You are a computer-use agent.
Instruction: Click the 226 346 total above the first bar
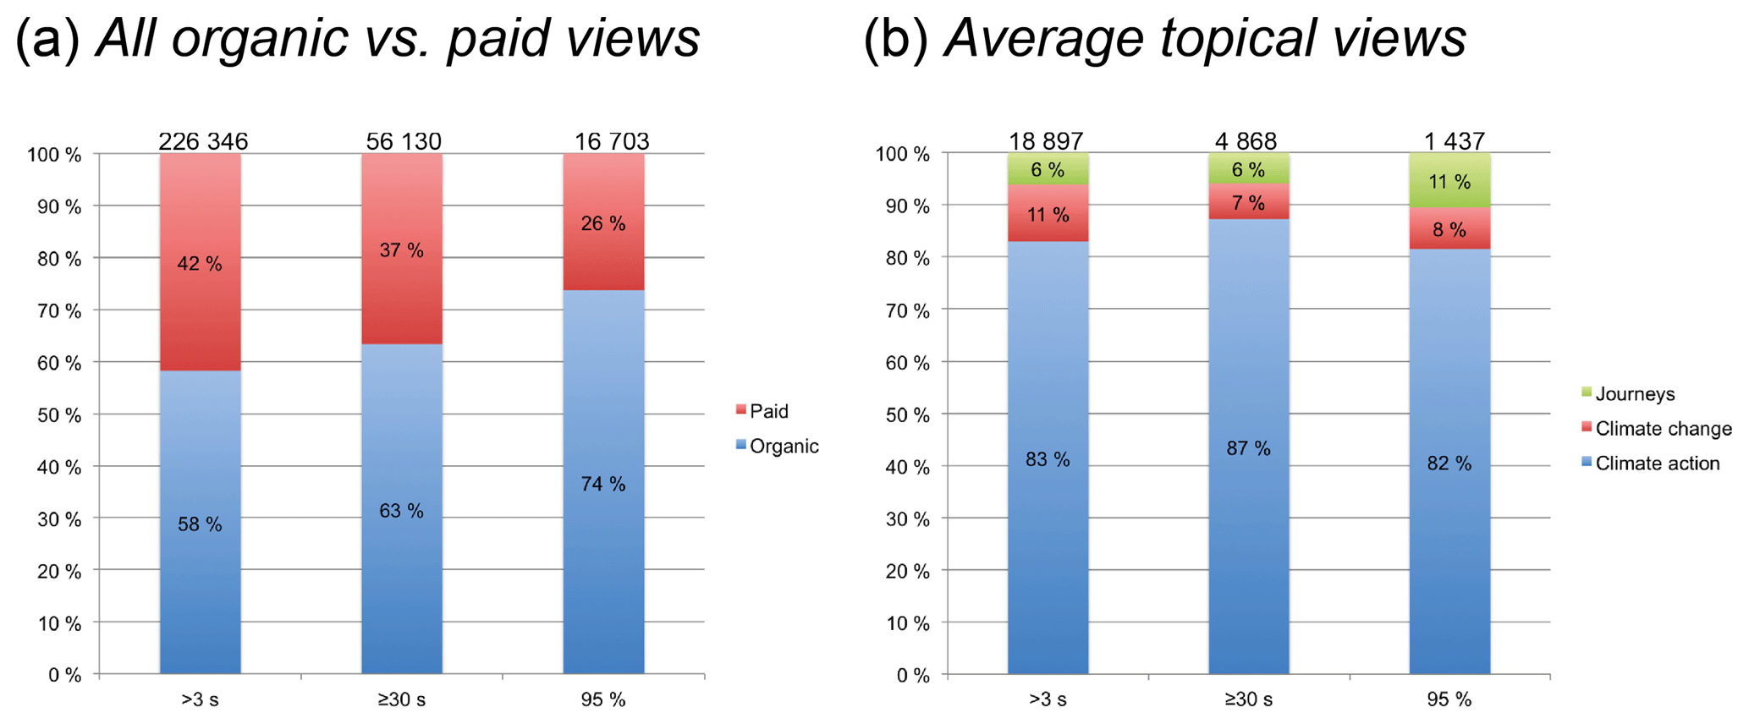pyautogui.click(x=203, y=141)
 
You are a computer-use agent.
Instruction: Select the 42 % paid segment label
pyautogui.click(x=200, y=264)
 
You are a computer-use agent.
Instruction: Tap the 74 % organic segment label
pyautogui.click(x=603, y=484)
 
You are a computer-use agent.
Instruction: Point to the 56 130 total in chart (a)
pyautogui.click(x=404, y=141)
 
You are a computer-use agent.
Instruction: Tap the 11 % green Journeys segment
pyautogui.click(x=1449, y=182)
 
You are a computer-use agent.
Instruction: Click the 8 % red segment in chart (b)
pyautogui.click(x=1449, y=229)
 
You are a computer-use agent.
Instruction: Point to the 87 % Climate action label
pyautogui.click(x=1248, y=448)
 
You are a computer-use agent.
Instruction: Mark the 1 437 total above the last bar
pyautogui.click(x=1454, y=141)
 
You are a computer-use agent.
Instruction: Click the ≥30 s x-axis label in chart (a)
pyautogui.click(x=402, y=699)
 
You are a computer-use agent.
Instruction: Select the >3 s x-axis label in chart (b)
pyautogui.click(x=1048, y=699)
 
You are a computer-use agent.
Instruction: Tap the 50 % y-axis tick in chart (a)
pyautogui.click(x=54, y=415)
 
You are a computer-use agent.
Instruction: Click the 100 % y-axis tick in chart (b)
pyautogui.click(x=902, y=155)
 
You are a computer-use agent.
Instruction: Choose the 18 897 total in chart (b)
pyautogui.click(x=1046, y=141)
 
